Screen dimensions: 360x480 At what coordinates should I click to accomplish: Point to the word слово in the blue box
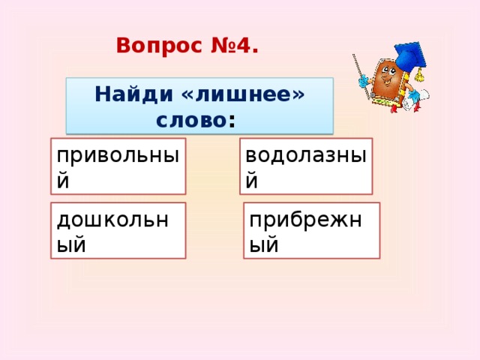tap(190, 119)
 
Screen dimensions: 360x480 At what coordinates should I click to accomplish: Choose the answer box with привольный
tap(118, 166)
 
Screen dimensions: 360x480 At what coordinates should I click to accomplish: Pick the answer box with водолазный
tap(305, 166)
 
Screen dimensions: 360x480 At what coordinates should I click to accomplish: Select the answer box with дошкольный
tap(118, 230)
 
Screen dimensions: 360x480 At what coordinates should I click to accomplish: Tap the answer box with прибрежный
tap(311, 230)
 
